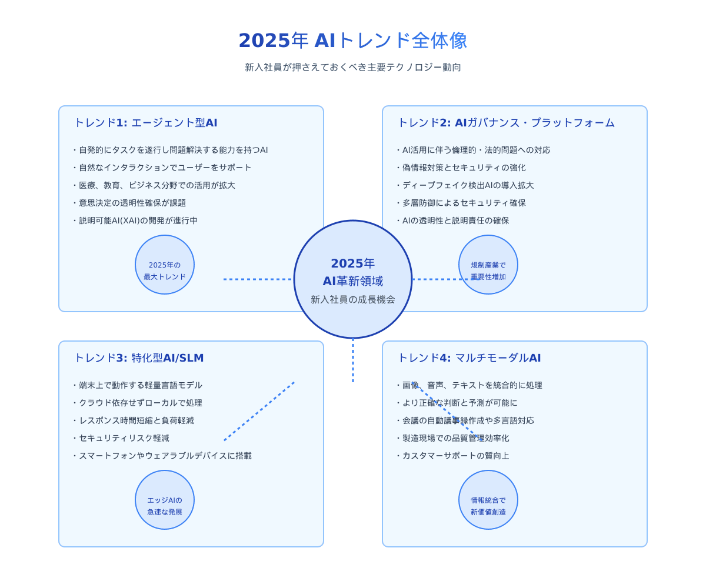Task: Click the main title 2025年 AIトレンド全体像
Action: pos(353,41)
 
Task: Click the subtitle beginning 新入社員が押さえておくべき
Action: pos(353,67)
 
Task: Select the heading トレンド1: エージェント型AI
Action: pos(145,123)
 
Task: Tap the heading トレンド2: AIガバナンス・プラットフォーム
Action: pos(506,123)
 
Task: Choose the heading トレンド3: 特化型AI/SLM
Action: pos(139,358)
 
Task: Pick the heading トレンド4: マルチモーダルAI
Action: pos(469,358)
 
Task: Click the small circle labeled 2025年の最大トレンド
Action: pos(165,265)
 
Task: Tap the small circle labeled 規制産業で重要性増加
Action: pos(488,265)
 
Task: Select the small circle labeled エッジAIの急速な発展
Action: pos(165,500)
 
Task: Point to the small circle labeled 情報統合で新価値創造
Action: pos(488,500)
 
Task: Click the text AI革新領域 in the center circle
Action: pos(353,281)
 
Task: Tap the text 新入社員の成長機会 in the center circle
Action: pos(353,299)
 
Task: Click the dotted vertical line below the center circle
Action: pos(353,360)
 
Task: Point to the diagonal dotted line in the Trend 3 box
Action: pos(259,411)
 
